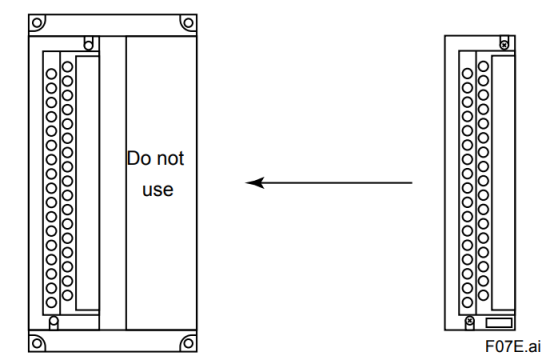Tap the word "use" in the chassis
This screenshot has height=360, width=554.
(158, 190)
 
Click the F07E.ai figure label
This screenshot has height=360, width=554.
(513, 346)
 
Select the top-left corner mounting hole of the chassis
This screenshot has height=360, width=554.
(37, 23)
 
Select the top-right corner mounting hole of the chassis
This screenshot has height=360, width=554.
(188, 23)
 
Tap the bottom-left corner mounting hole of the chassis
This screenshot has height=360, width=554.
(37, 343)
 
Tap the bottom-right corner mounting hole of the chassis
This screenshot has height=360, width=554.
(188, 343)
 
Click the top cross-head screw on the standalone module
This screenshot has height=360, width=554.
(504, 45)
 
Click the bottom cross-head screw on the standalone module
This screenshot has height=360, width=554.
(470, 320)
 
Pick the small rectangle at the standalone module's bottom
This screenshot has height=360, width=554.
(499, 323)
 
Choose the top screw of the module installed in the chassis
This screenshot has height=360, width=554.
(89, 45)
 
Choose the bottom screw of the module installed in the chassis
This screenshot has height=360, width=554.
(54, 321)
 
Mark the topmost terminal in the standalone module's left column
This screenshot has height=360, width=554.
(467, 73)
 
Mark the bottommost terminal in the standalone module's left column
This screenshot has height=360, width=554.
(467, 302)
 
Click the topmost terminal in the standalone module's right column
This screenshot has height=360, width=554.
(483, 66)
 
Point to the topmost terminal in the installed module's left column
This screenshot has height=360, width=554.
(51, 74)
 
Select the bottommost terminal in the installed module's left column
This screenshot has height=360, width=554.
(51, 302)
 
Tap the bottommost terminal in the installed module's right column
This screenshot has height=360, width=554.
(67, 295)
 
